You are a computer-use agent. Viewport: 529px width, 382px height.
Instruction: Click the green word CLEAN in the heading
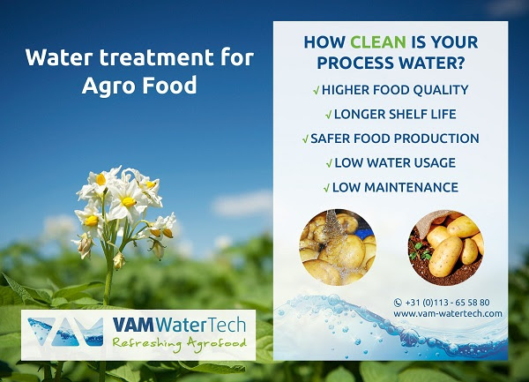378,42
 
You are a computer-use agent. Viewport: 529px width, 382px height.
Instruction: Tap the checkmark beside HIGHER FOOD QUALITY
317,91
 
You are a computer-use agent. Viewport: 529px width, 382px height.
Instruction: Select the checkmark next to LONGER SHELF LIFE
328,115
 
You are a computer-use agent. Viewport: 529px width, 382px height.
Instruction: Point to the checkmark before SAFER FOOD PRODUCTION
305,139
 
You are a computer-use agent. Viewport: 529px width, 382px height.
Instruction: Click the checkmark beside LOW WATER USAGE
329,164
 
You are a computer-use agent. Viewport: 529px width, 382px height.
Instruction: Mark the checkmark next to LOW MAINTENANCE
326,188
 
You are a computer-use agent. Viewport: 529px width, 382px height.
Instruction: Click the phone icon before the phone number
398,303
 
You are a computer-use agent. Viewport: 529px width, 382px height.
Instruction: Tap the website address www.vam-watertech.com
448,313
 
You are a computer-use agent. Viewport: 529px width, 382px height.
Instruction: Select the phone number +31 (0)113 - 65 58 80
447,302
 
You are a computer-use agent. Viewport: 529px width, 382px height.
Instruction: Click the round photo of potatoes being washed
338,247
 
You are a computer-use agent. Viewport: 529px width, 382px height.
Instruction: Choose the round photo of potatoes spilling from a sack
446,247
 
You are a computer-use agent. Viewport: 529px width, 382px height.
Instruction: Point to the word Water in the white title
58,57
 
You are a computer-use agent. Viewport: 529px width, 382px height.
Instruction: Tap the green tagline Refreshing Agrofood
180,343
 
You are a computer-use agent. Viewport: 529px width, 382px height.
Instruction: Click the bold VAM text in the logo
133,325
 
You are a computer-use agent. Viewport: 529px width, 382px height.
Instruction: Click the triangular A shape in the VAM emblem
65,333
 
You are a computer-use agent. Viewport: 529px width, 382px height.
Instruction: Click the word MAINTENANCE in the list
411,188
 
